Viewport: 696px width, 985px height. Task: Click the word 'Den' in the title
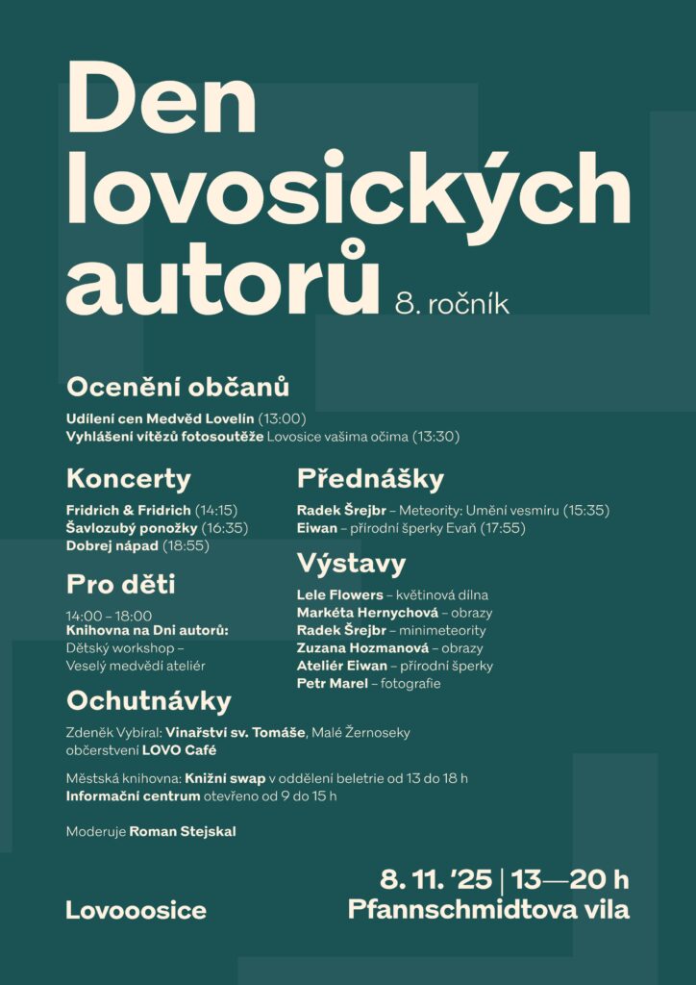(162, 99)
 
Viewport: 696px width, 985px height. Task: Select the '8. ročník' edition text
(452, 303)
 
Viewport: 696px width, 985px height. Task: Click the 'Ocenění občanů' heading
(178, 388)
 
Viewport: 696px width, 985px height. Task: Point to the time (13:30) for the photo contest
(435, 437)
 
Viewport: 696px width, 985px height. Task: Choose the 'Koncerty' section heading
(129, 478)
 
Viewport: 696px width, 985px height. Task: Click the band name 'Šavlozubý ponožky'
(132, 528)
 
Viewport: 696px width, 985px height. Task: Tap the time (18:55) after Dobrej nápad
(187, 546)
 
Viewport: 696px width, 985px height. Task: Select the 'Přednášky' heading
(370, 478)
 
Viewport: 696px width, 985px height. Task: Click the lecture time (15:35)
(585, 510)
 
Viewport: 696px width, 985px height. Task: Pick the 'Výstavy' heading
(351, 563)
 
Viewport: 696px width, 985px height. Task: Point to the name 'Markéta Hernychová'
(367, 613)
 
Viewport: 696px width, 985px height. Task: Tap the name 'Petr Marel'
(332, 683)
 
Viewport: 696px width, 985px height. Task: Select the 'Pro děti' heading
(121, 584)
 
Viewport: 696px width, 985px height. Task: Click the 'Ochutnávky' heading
(149, 701)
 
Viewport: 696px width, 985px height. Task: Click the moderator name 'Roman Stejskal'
(183, 831)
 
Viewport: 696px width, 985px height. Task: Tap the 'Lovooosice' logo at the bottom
(136, 910)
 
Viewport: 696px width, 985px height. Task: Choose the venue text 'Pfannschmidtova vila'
(488, 909)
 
